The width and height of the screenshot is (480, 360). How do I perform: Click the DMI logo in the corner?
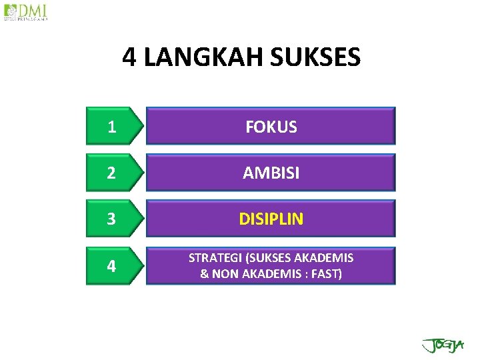[26, 12]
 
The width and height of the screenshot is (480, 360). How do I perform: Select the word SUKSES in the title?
[316, 58]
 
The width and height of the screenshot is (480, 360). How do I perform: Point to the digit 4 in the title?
[129, 58]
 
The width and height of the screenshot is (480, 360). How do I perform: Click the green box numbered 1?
[112, 127]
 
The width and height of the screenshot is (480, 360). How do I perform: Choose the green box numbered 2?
[112, 173]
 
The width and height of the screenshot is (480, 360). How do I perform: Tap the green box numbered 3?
[112, 219]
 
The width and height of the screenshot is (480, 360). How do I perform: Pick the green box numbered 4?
[112, 266]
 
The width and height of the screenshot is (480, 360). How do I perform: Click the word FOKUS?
[271, 127]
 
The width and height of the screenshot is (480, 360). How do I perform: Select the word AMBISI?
[271, 173]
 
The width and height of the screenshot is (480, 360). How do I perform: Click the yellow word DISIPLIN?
[271, 219]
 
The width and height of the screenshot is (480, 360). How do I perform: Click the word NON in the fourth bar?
[224, 273]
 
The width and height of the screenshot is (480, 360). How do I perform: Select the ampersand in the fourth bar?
[205, 273]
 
